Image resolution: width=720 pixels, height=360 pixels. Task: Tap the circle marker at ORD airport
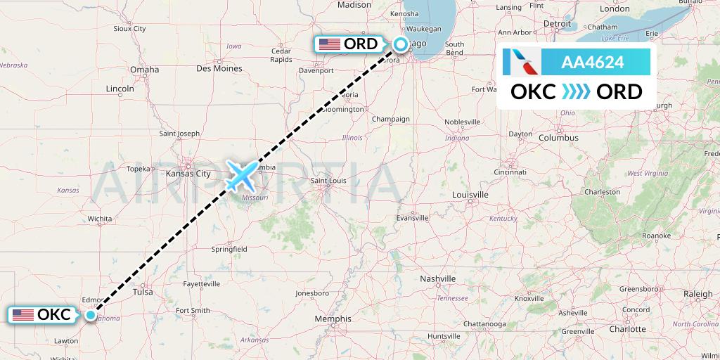(x=400, y=44)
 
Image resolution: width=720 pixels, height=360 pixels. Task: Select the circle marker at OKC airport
(x=91, y=315)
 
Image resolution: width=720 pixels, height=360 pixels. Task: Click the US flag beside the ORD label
(x=329, y=44)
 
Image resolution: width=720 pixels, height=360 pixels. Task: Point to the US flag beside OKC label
(x=22, y=315)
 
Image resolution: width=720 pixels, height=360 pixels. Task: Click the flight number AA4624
(x=592, y=63)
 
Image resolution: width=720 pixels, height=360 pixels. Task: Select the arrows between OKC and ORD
(x=577, y=92)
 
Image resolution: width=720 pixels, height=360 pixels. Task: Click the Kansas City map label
(x=188, y=173)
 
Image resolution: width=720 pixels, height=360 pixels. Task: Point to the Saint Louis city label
(x=329, y=181)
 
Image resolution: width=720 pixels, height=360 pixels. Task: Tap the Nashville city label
(x=438, y=279)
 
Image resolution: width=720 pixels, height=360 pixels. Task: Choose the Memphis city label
(x=333, y=319)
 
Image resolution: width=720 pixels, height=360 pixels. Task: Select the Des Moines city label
(x=219, y=68)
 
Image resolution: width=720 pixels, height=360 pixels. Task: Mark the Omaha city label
(x=144, y=70)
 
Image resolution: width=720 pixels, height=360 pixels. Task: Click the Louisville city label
(x=470, y=194)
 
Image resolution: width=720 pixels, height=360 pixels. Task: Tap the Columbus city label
(x=558, y=138)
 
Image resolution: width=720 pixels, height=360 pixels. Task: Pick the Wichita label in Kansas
(x=100, y=219)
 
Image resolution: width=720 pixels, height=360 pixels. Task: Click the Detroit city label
(x=557, y=23)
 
